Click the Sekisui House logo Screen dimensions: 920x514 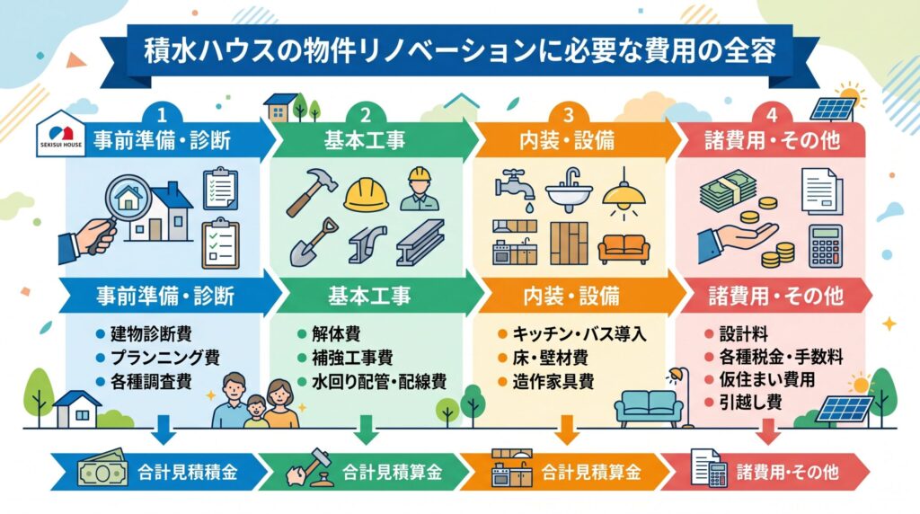(x=61, y=135)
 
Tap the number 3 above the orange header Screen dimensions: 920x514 (x=568, y=114)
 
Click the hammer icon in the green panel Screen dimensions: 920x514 (x=312, y=191)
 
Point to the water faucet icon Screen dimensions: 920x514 (x=515, y=188)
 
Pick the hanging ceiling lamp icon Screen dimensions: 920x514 (x=624, y=193)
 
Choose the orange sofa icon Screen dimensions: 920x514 (x=624, y=249)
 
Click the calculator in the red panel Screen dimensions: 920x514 (x=825, y=246)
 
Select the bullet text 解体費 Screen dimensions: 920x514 (x=336, y=334)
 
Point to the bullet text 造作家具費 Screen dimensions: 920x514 (x=553, y=381)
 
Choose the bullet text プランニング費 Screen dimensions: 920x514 (x=165, y=358)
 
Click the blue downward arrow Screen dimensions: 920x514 (x=164, y=430)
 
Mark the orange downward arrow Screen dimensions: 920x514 (x=567, y=430)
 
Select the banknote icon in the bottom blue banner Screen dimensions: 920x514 (x=102, y=468)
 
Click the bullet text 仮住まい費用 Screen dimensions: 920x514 (x=767, y=379)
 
